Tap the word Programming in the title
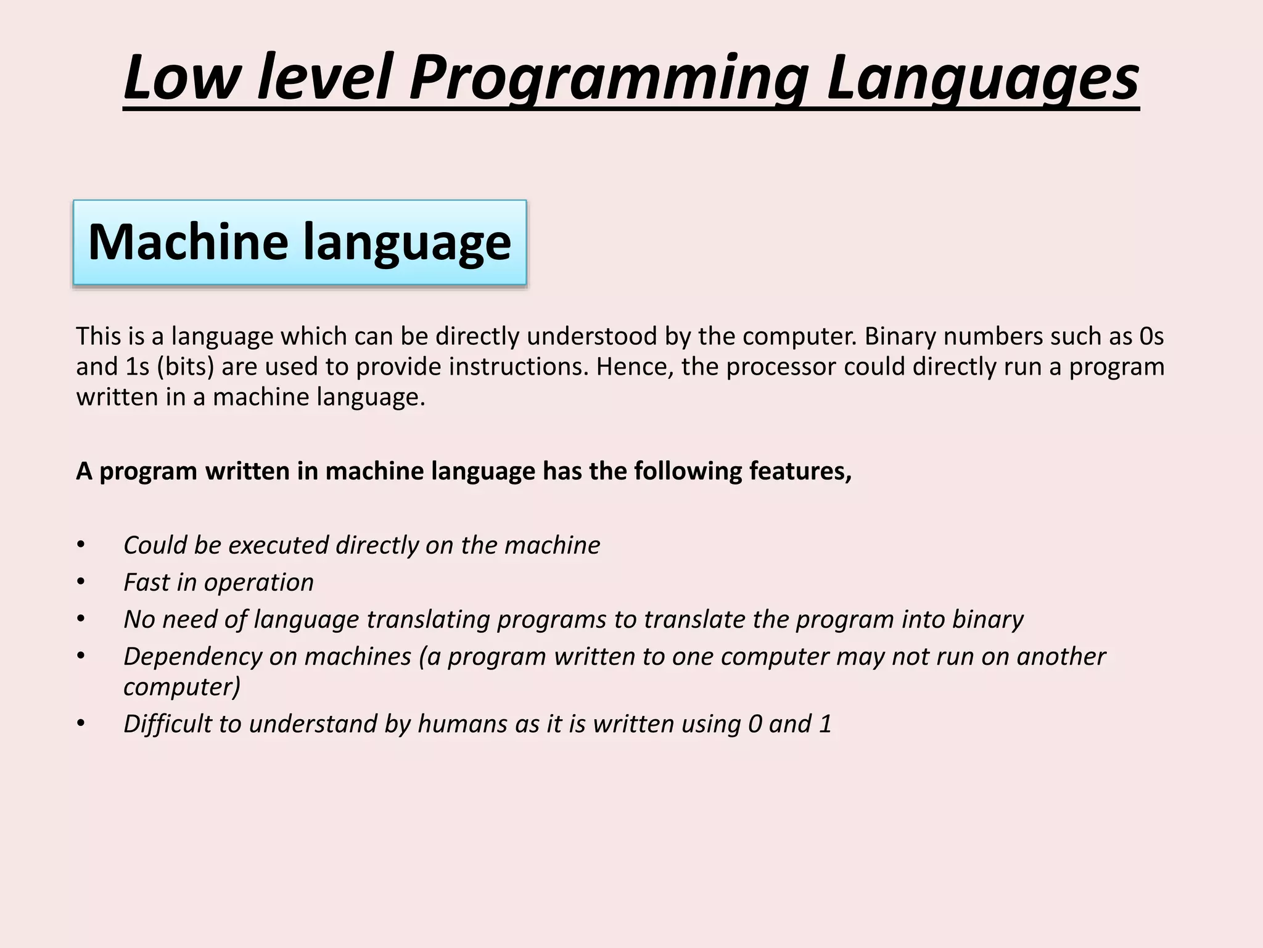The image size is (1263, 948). click(607, 79)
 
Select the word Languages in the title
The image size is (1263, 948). click(982, 79)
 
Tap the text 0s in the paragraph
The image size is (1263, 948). click(1151, 336)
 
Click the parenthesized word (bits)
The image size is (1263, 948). click(186, 367)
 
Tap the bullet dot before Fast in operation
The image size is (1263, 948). click(80, 582)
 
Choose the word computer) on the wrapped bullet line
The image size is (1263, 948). click(182, 687)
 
